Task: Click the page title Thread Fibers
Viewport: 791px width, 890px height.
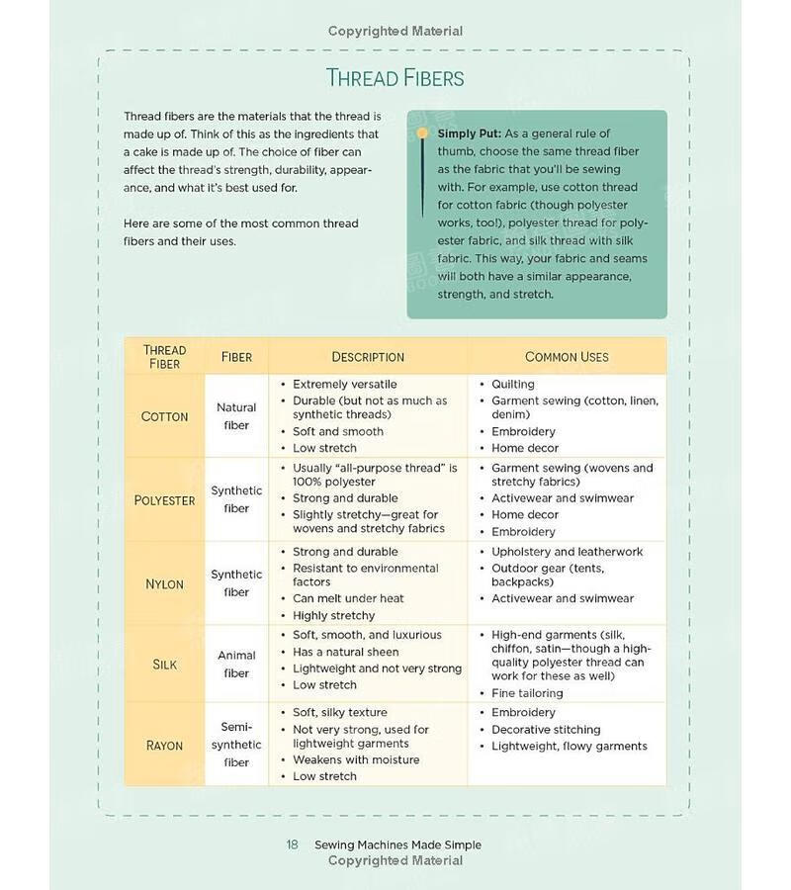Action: point(395,78)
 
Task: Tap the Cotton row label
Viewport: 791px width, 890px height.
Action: point(164,416)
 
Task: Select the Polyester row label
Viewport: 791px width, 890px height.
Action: point(164,499)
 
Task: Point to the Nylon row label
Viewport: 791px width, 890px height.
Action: point(164,583)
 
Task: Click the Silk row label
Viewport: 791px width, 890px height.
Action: point(164,664)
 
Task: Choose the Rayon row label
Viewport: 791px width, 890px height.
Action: point(164,745)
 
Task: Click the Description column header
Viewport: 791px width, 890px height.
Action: point(368,357)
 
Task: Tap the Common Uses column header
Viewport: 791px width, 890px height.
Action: point(567,357)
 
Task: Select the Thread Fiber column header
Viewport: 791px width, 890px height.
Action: point(164,357)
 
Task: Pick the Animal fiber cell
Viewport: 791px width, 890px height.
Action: point(236,664)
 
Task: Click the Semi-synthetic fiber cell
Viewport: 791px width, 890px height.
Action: point(236,745)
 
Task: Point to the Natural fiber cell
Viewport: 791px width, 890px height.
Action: point(236,416)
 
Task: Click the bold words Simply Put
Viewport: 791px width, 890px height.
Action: point(469,133)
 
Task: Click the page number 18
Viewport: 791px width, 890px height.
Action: point(292,845)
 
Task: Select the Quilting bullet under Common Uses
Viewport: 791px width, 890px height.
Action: point(512,384)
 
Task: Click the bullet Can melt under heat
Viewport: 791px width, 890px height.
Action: point(348,598)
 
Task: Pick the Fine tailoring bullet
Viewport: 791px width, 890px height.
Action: point(527,693)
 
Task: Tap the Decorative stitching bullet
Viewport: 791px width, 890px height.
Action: point(546,730)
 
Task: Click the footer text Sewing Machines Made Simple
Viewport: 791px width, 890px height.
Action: point(397,845)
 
